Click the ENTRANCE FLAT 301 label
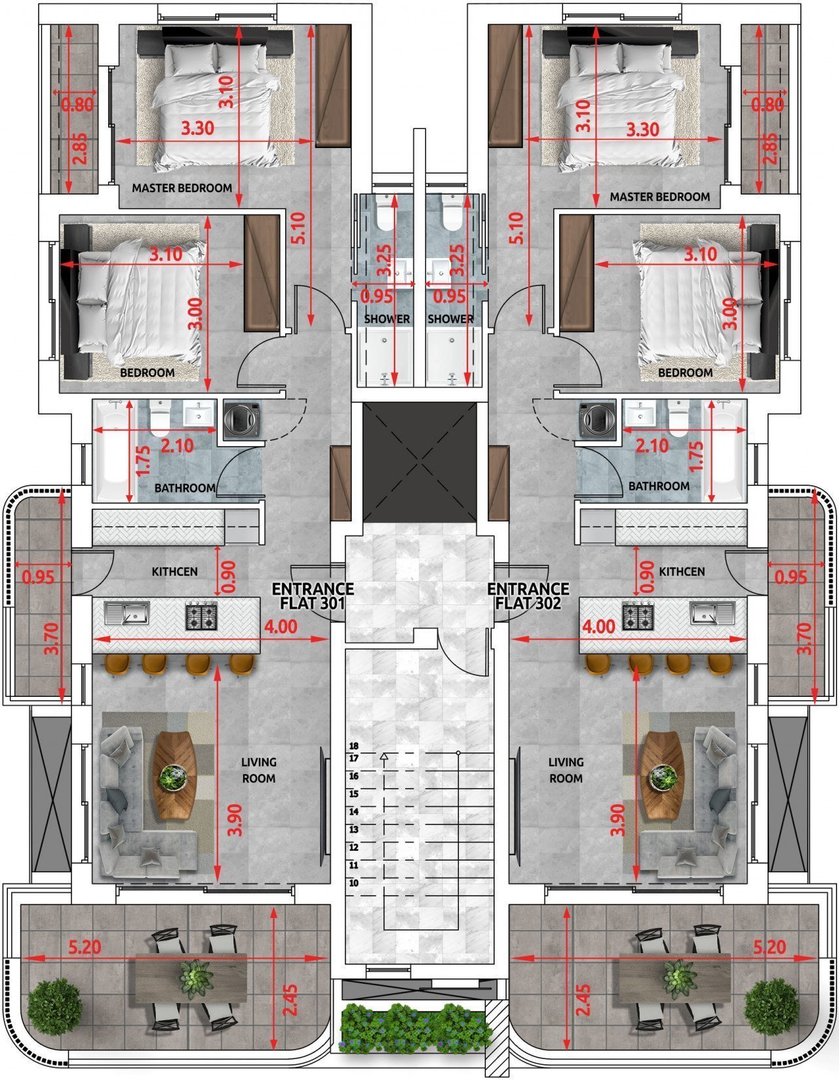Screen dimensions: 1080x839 pos(313,596)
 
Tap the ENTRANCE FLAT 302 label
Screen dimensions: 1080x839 pos(528,596)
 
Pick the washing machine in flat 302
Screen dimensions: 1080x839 pos(596,419)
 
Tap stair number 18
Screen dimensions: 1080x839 pos(354,746)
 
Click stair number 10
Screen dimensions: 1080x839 pos(354,883)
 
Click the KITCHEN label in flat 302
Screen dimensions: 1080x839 pos(682,572)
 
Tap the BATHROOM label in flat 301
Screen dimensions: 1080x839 pos(185,488)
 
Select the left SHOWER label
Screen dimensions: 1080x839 pos(387,319)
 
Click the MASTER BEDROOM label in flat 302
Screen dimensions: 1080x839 pos(659,196)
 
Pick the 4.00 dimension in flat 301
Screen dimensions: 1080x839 pos(281,627)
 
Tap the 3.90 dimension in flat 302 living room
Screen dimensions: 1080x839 pos(618,819)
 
